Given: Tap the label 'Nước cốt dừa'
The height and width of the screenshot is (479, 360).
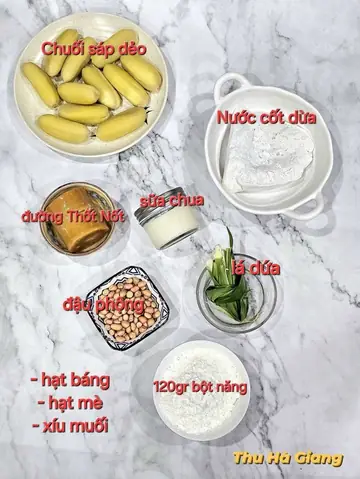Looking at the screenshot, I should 268,117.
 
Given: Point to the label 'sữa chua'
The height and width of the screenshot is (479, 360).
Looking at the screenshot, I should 172,200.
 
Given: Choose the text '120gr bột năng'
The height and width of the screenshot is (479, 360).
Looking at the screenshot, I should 201,385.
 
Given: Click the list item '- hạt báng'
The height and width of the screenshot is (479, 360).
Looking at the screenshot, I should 70,381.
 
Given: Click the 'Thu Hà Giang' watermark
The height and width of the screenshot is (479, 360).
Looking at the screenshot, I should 287,459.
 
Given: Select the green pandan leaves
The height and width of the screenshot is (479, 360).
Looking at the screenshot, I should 226,282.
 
